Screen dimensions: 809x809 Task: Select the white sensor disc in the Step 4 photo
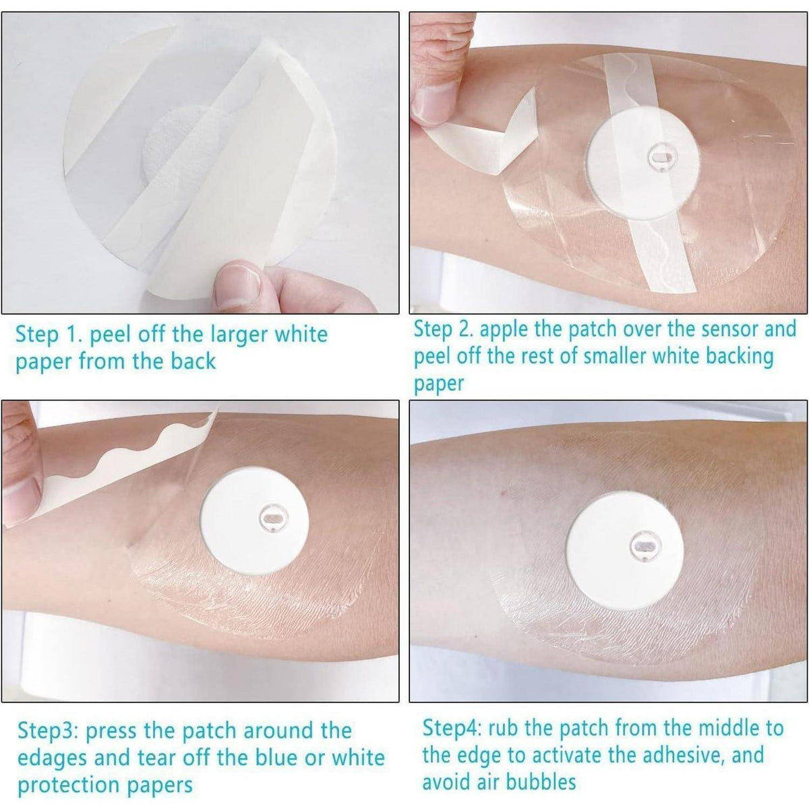pyautogui.click(x=625, y=551)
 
